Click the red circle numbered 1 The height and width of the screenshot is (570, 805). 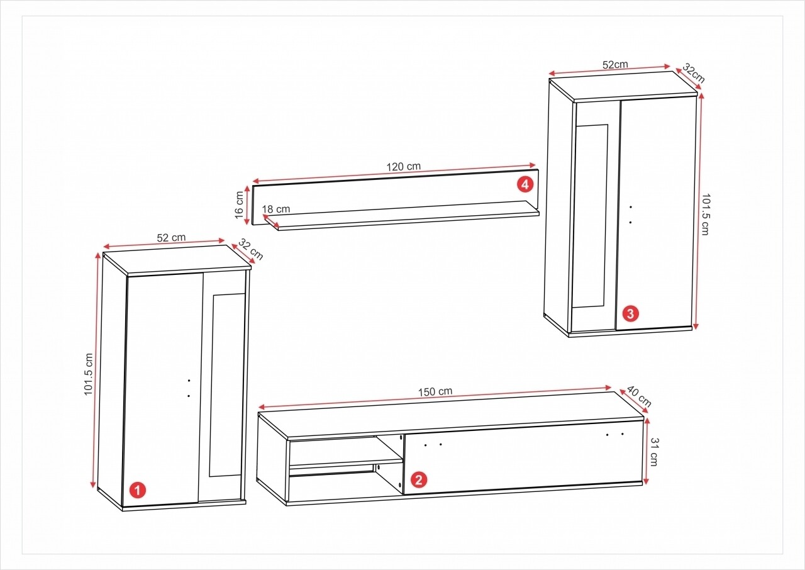tap(138, 490)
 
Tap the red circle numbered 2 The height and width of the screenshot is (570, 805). tap(419, 479)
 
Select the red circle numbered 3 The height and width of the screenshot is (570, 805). tap(630, 314)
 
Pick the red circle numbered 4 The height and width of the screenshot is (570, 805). tap(525, 184)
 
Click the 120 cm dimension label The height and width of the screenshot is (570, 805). tap(403, 167)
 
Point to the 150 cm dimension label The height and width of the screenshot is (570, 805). tap(435, 391)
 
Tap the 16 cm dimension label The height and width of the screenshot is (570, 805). tap(240, 205)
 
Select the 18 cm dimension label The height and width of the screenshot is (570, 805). tap(275, 209)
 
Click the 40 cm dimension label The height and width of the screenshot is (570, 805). tap(640, 396)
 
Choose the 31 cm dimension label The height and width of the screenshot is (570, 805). tap(653, 452)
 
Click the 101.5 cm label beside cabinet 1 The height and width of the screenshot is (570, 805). tap(89, 374)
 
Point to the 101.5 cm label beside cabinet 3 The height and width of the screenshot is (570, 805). tap(705, 215)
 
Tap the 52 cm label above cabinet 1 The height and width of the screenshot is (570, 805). tap(171, 238)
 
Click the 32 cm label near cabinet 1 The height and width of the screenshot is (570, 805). tap(250, 249)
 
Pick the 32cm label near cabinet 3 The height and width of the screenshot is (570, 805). tap(694, 74)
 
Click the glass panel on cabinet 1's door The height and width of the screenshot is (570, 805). tap(226, 385)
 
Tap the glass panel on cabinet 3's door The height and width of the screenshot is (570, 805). tap(591, 216)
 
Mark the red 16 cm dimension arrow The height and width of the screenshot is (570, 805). tap(247, 205)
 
